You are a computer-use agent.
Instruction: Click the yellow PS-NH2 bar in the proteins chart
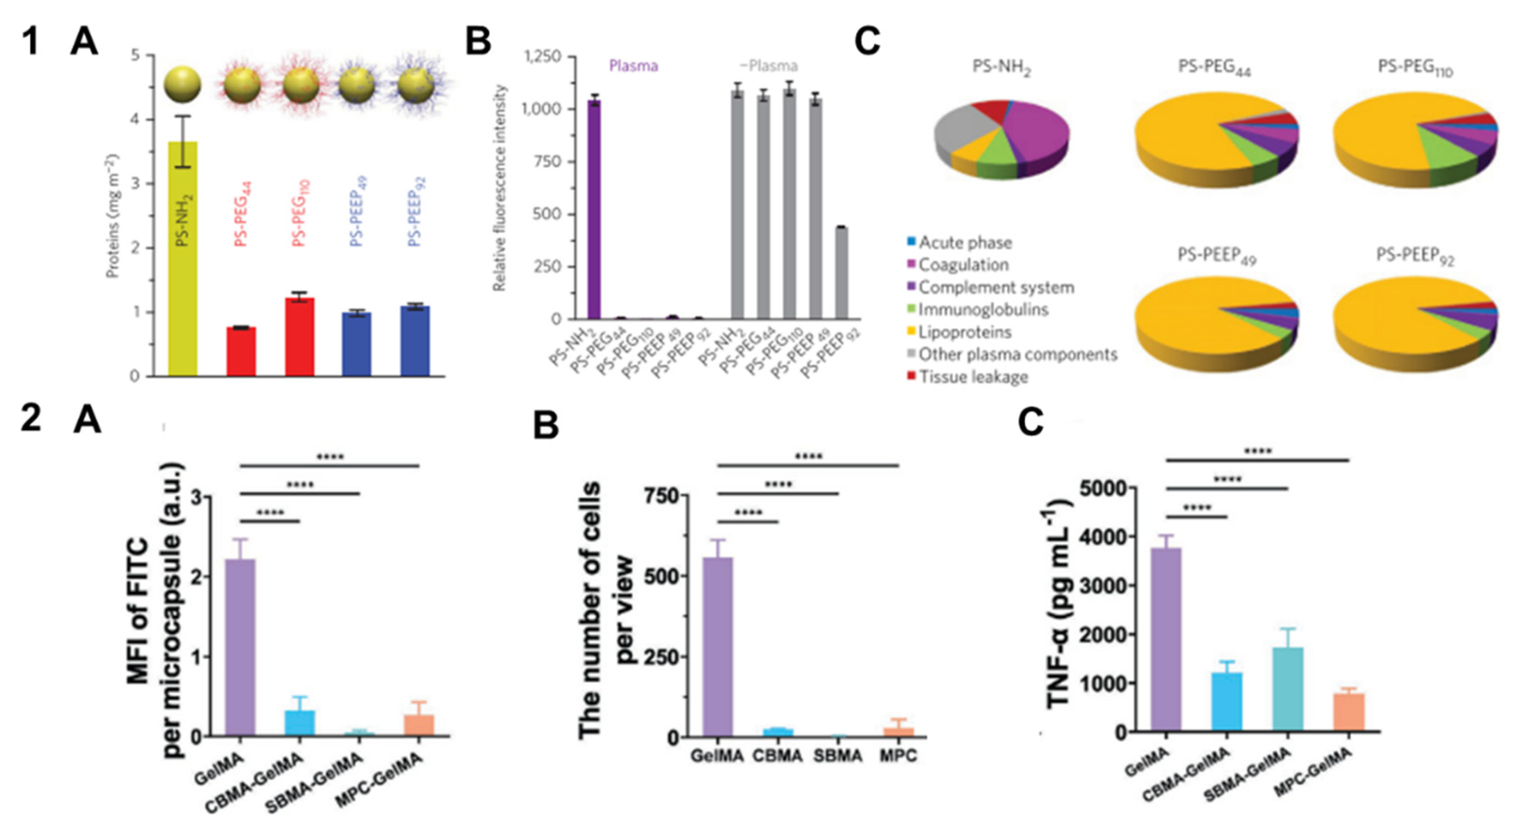coord(182,261)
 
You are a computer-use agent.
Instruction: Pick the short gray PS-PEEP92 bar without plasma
coord(841,272)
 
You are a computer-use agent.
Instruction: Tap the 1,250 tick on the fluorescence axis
coord(542,56)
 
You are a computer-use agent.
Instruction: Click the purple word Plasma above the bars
coord(633,66)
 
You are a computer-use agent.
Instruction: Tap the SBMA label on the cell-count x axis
coord(837,756)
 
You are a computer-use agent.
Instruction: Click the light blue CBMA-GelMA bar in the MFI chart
coord(300,723)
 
